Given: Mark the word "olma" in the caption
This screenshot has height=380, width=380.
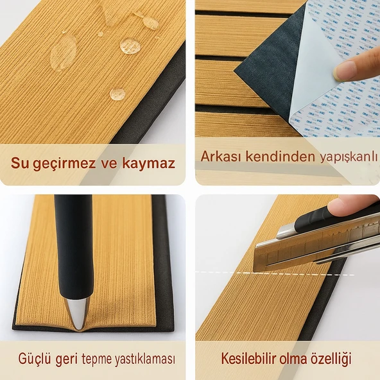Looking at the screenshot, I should click(x=293, y=358).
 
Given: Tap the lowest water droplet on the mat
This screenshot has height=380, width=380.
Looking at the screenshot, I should click(x=117, y=94).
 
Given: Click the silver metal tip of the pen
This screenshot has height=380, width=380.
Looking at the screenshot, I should click(x=76, y=313).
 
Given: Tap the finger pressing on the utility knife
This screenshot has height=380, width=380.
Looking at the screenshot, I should click(x=350, y=205).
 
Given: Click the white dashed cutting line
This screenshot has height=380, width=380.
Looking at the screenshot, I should click(x=231, y=272).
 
